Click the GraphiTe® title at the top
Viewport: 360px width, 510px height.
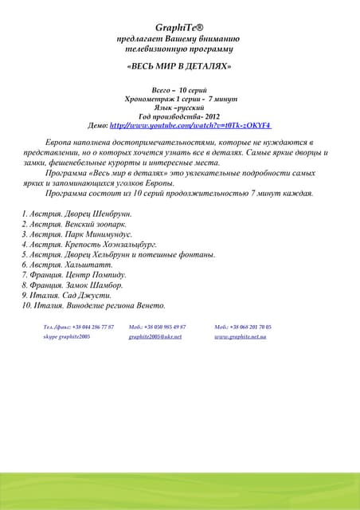click(x=179, y=26)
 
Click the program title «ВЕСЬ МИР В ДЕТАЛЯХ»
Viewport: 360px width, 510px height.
click(x=179, y=66)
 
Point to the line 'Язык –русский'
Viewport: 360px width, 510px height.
click(x=179, y=108)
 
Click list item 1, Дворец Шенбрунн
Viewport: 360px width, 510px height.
click(x=76, y=214)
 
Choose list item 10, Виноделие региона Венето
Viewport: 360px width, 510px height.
click(x=94, y=305)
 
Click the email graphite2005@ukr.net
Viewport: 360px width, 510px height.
click(x=155, y=337)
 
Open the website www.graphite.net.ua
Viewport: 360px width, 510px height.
click(x=241, y=337)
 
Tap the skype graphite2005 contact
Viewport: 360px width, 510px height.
click(x=66, y=337)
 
